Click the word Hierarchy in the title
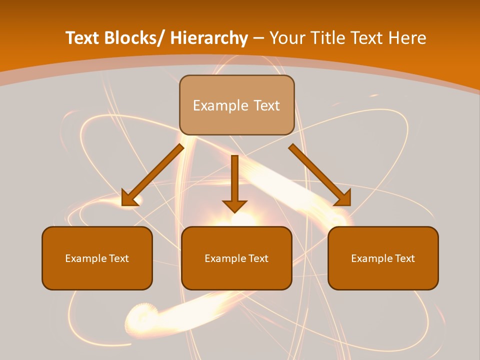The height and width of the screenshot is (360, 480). coord(209,38)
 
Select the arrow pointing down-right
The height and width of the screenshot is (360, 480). coord(317,172)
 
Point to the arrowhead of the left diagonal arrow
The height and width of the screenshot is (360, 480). coord(129,199)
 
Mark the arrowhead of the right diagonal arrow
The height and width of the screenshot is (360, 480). coord(343,198)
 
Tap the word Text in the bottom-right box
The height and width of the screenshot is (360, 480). coord(404,258)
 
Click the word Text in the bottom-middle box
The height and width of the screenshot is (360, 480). coord(257,258)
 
